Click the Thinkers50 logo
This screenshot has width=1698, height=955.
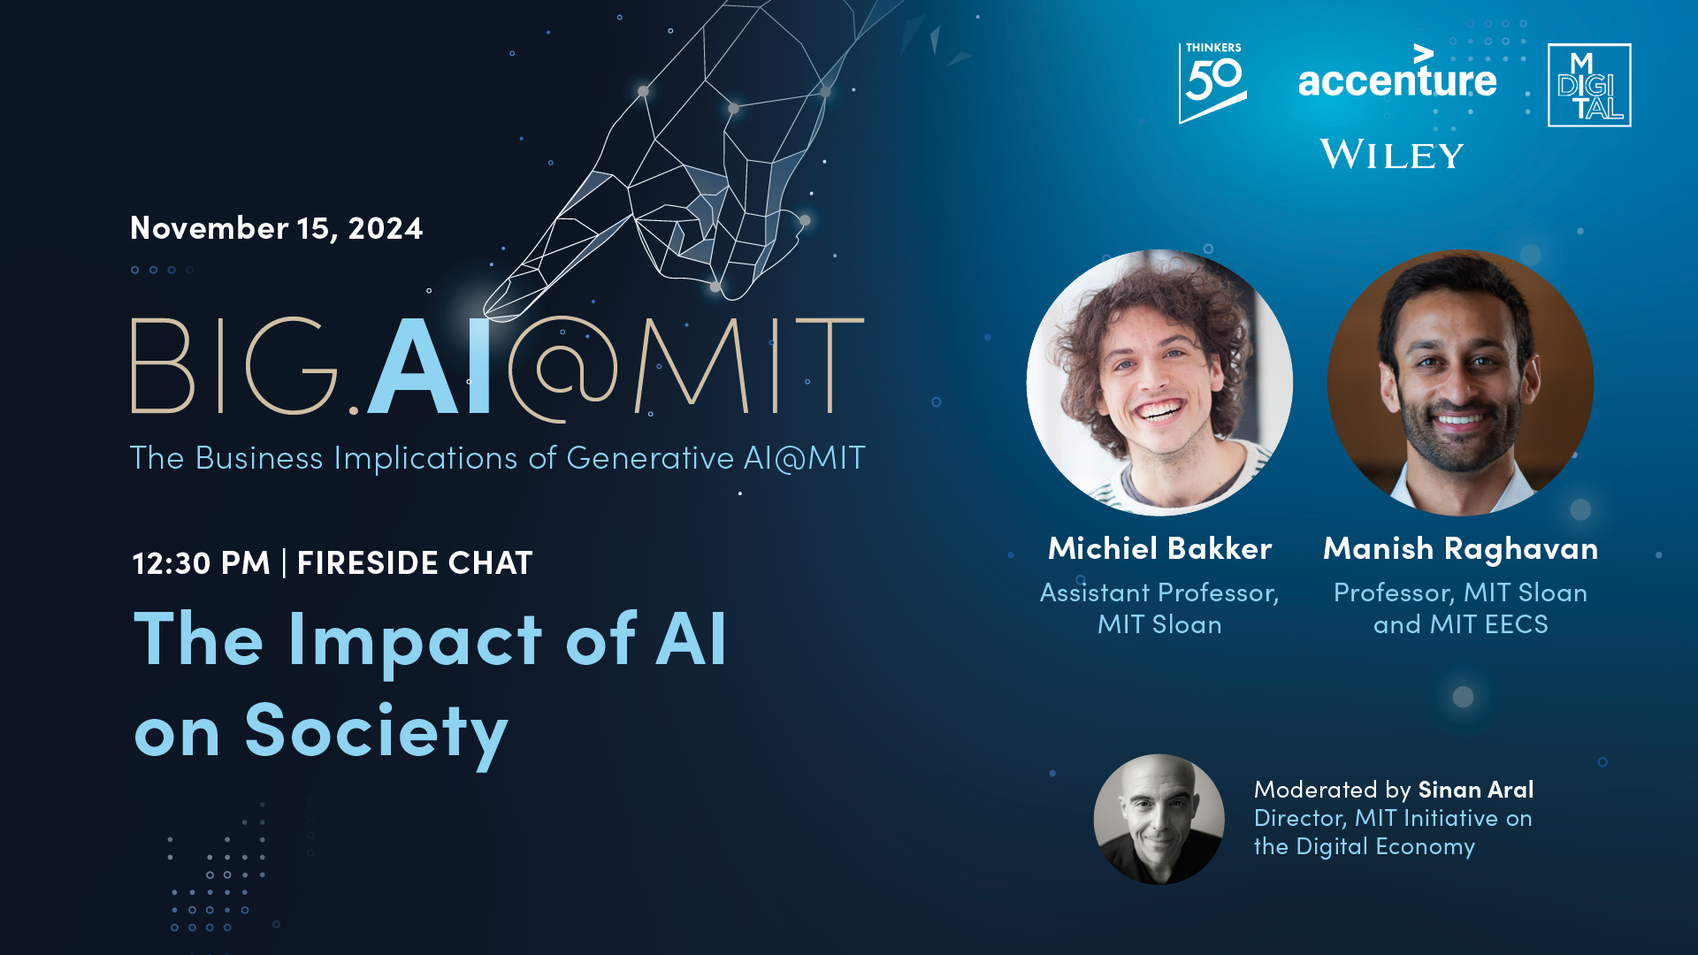pos(1212,83)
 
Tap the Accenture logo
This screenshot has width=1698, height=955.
pos(1397,73)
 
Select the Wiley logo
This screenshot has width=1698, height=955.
pos(1392,154)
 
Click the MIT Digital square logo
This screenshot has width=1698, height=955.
pos(1589,85)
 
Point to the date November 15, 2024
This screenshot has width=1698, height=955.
pos(276,228)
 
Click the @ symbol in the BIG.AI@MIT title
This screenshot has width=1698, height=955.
pos(562,370)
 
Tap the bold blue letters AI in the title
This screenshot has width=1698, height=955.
pos(430,366)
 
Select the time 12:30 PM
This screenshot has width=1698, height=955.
pos(201,563)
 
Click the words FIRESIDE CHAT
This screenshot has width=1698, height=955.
pos(415,563)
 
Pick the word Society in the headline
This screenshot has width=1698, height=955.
pos(377,732)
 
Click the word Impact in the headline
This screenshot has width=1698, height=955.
pos(415,641)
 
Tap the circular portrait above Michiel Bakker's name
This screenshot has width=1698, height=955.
pos(1159,383)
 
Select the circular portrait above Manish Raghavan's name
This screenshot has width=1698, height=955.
pos(1460,383)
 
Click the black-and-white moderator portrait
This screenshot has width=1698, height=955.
pos(1159,819)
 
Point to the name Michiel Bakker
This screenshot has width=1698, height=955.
pos(1159,548)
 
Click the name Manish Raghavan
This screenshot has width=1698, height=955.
pos(1460,549)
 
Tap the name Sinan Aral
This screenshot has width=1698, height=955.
pos(1475,789)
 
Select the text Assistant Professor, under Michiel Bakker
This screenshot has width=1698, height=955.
pos(1159,592)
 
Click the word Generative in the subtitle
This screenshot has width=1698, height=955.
pos(650,458)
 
